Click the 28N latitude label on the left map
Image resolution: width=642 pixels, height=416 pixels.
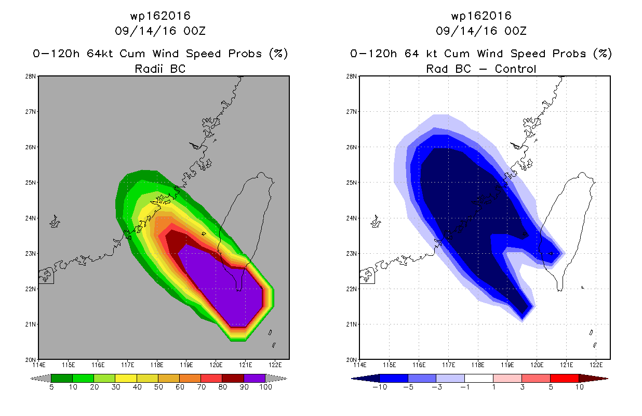tap(30, 76)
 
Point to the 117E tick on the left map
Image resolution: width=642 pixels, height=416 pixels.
tap(127, 365)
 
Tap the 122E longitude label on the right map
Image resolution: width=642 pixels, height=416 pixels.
tap(596, 365)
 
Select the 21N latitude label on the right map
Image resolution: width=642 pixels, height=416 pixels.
tap(351, 324)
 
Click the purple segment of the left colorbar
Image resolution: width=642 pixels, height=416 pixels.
tap(255, 378)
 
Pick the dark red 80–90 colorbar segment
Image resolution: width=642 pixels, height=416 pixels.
tap(233, 378)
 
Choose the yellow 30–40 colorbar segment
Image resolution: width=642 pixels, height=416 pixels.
tap(126, 378)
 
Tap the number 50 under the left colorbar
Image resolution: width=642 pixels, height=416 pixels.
tap(158, 387)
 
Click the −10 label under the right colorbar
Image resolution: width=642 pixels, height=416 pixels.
tap(380, 387)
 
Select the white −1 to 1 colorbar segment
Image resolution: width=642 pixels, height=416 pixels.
tap(478, 378)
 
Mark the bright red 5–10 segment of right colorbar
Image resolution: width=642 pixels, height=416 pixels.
tap(564, 378)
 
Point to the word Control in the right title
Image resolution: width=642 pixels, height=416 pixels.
tap(515, 69)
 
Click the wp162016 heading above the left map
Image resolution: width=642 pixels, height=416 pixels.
tap(160, 16)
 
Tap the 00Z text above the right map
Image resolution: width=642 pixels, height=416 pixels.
tap(515, 31)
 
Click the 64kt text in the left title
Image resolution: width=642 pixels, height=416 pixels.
tap(100, 54)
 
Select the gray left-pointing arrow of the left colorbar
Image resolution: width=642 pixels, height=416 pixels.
tap(41, 379)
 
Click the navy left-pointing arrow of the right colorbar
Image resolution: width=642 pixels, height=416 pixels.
tap(365, 379)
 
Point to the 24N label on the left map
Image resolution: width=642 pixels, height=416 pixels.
tap(30, 218)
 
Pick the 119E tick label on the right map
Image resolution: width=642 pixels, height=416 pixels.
tap(507, 365)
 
